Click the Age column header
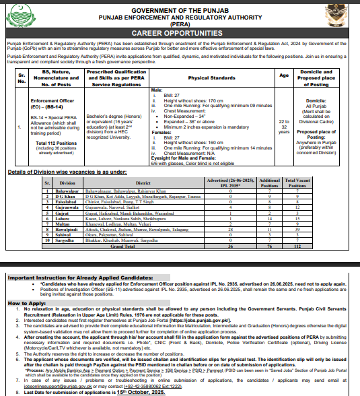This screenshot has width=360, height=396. click(x=284, y=75)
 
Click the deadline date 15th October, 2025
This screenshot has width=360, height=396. click(x=124, y=392)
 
